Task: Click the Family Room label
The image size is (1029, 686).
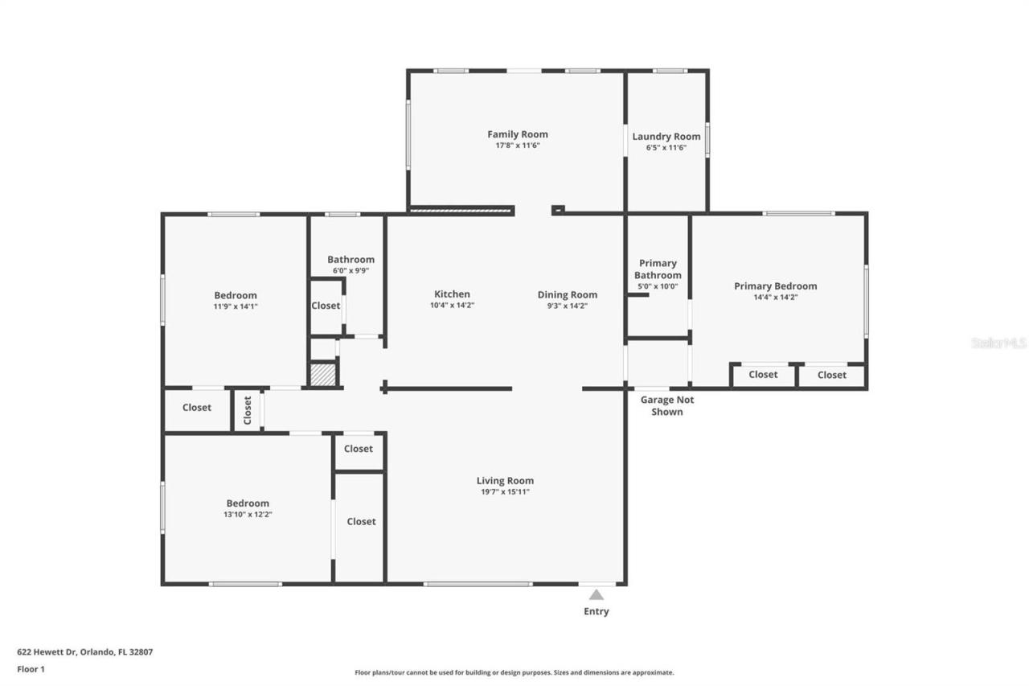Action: coord(517,134)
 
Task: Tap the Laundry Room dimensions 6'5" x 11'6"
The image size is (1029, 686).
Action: coord(666,148)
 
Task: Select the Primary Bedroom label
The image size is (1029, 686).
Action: coord(775,285)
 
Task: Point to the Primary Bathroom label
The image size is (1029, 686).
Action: coord(658,269)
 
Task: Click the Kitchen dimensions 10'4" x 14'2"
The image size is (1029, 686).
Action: coord(452,306)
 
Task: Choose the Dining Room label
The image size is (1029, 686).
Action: coord(567,294)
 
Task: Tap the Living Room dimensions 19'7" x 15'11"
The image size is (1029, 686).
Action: coord(505,492)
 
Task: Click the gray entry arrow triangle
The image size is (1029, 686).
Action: coord(596,595)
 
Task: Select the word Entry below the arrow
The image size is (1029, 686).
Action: coord(596,611)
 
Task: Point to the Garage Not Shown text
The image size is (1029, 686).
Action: coord(666,405)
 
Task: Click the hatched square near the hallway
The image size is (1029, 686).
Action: coord(322,375)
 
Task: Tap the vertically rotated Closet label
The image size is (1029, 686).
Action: coord(248,410)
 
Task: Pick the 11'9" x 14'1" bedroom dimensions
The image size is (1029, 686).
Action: coord(236,306)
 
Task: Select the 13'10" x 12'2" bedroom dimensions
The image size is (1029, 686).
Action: coord(247,514)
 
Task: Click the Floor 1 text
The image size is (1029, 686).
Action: coord(31,668)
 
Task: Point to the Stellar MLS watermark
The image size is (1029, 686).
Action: coord(998,343)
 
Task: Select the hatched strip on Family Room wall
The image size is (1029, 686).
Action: coord(461,211)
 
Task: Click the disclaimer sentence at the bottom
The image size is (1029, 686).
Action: coord(514,672)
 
